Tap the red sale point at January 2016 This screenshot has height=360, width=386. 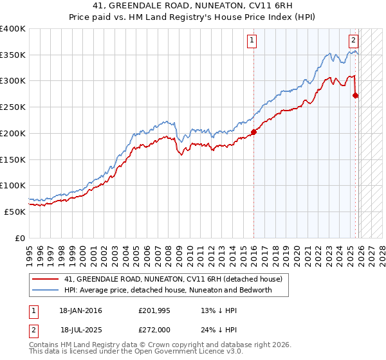(x=253, y=132)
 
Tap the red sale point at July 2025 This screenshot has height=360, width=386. (x=356, y=96)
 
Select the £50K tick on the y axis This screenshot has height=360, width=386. (x=15, y=212)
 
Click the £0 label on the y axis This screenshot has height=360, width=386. (x=21, y=238)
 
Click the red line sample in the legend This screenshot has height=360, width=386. (x=46, y=279)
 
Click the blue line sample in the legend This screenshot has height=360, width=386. (x=46, y=290)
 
